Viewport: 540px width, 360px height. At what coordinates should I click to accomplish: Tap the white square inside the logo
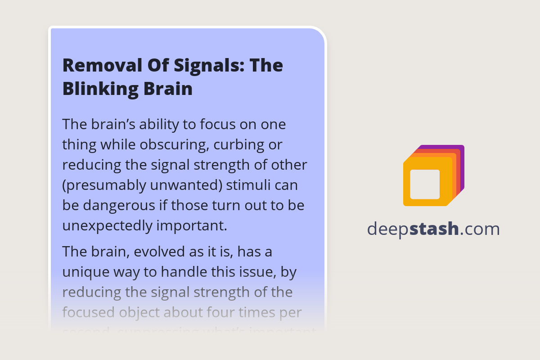[x=425, y=184]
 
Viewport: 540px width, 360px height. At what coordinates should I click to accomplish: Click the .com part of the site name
[x=480, y=229]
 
